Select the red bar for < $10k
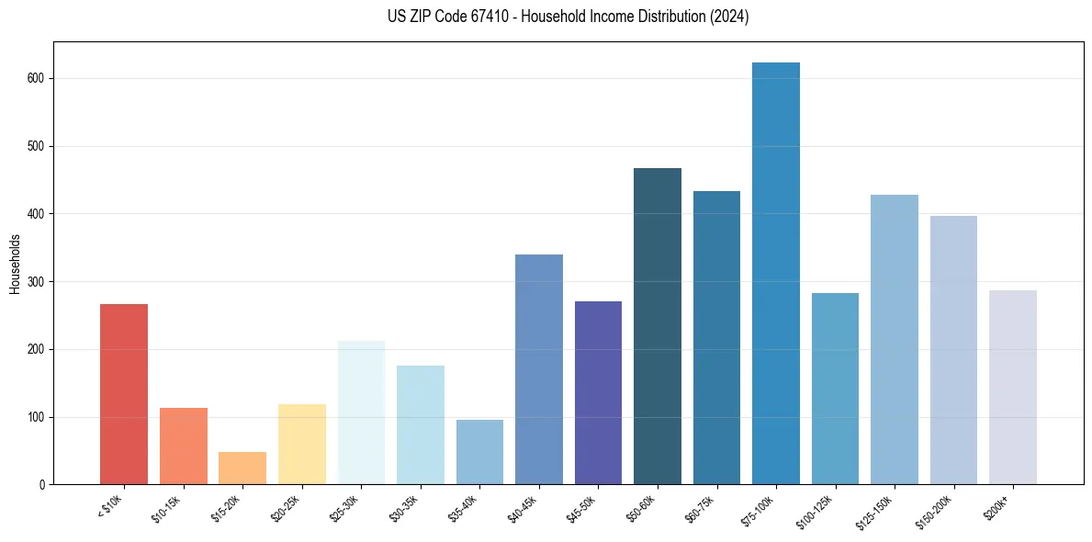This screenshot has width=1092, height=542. pyautogui.click(x=124, y=394)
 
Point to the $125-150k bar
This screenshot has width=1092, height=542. pyautogui.click(x=894, y=340)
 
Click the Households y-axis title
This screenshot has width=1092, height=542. pyautogui.click(x=16, y=264)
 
